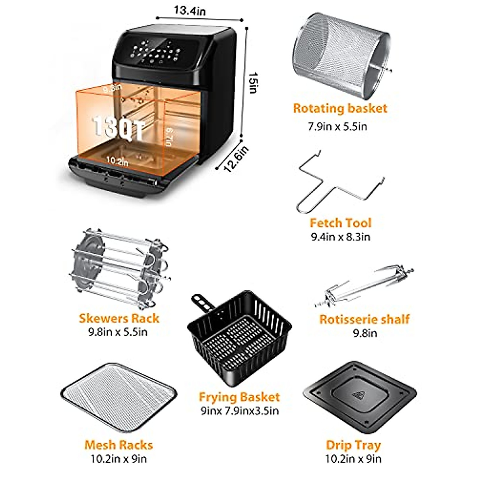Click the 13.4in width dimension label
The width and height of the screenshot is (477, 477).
pyautogui.click(x=189, y=10)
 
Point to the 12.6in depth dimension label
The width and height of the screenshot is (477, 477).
pyautogui.click(x=236, y=159)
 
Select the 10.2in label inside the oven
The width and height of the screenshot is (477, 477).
pyautogui.click(x=117, y=161)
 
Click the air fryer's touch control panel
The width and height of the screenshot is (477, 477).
pyautogui.click(x=157, y=54)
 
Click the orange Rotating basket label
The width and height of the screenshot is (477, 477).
pyautogui.click(x=340, y=109)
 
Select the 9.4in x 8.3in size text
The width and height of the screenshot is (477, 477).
pyautogui.click(x=340, y=237)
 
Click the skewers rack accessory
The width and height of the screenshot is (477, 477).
pyautogui.click(x=119, y=269)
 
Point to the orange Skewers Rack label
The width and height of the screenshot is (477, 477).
pyautogui.click(x=119, y=318)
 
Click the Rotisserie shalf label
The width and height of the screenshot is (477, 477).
pyautogui.click(x=365, y=319)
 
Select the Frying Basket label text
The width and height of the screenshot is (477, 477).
pyautogui.click(x=239, y=397)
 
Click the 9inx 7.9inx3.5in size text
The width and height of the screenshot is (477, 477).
pyautogui.click(x=239, y=411)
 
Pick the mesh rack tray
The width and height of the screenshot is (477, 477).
pyautogui.click(x=119, y=398)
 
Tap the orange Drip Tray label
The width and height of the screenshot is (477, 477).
pyautogui.click(x=353, y=445)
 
